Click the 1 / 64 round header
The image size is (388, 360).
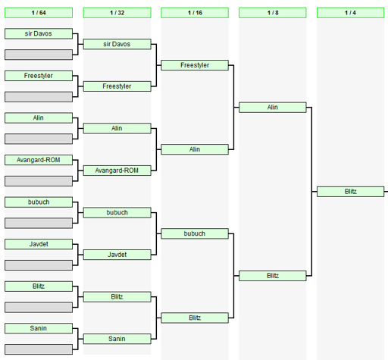pyautogui.click(x=39, y=13)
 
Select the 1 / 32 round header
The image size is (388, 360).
pyautogui.click(x=117, y=13)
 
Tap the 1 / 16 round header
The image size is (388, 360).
pyautogui.click(x=195, y=13)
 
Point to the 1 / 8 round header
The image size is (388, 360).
pyautogui.click(x=273, y=13)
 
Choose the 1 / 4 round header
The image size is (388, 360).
pyautogui.click(x=351, y=13)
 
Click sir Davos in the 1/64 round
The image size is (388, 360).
pyautogui.click(x=39, y=33)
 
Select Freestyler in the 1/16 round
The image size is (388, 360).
pyautogui.click(x=195, y=65)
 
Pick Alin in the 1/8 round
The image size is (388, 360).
pyautogui.click(x=273, y=108)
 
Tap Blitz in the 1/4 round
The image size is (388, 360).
pyautogui.click(x=351, y=192)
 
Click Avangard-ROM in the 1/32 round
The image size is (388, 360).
pyautogui.click(x=117, y=171)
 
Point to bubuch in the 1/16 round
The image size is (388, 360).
pyautogui.click(x=195, y=233)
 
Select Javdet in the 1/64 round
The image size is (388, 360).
pyautogui.click(x=39, y=244)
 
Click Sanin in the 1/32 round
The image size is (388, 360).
pyautogui.click(x=117, y=339)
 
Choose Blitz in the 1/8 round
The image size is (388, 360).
pyautogui.click(x=273, y=276)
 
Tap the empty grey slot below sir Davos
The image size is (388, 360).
pyautogui.click(x=39, y=55)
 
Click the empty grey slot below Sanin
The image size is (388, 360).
pyautogui.click(x=39, y=349)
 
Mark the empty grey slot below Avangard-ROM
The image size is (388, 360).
pyautogui.click(x=39, y=181)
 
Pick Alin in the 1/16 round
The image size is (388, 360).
pyautogui.click(x=195, y=149)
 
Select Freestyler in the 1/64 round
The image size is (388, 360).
pyautogui.click(x=39, y=76)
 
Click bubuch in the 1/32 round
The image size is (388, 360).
pyautogui.click(x=117, y=213)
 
